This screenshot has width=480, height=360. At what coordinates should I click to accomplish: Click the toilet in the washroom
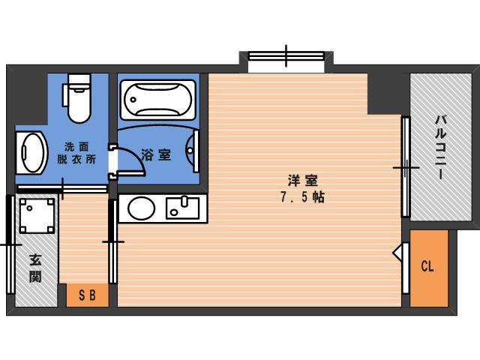click(78, 98)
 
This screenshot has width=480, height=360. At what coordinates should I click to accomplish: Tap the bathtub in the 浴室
click(158, 100)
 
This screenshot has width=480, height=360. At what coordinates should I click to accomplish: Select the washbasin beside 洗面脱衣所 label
click(31, 152)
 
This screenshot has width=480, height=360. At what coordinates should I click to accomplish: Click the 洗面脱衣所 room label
click(76, 153)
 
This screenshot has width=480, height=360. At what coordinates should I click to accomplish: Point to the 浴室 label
click(156, 155)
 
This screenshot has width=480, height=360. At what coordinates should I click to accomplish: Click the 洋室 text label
click(303, 181)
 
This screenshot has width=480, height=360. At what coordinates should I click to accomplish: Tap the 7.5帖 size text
click(303, 197)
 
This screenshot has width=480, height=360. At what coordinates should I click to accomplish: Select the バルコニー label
click(441, 147)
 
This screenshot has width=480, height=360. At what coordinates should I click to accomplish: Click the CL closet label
click(427, 266)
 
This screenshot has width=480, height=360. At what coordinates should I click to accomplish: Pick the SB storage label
click(88, 295)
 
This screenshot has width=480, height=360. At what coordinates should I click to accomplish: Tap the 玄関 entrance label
click(35, 268)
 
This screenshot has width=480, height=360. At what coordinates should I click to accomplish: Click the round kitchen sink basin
click(141, 208)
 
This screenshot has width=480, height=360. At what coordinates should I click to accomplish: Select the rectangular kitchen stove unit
click(182, 208)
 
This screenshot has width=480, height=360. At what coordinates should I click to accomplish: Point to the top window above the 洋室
click(286, 56)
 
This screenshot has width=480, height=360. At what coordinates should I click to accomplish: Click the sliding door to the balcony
click(406, 167)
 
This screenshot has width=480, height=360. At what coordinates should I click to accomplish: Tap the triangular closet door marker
click(397, 253)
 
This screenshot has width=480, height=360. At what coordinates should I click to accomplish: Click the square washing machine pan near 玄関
click(37, 216)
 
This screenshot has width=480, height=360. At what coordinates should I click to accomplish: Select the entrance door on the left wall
click(11, 245)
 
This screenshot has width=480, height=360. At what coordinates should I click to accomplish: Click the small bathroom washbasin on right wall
click(193, 151)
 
